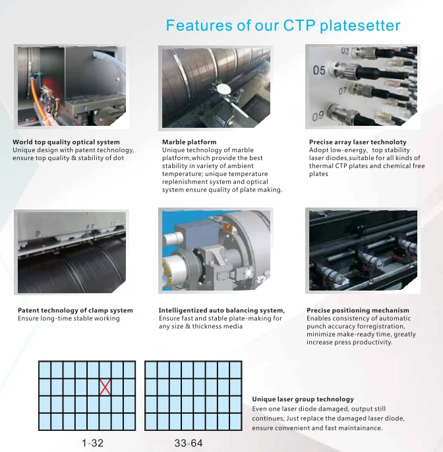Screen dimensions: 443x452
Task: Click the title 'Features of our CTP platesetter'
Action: click(x=283, y=26)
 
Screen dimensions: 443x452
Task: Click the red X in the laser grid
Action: click(x=105, y=387)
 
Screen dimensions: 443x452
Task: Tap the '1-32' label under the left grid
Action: click(x=92, y=443)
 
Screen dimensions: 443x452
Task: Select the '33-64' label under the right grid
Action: click(x=189, y=443)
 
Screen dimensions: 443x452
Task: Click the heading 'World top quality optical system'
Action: click(x=66, y=142)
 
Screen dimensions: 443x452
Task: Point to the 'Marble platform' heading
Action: click(x=189, y=142)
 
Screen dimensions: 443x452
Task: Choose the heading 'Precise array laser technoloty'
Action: click(x=358, y=142)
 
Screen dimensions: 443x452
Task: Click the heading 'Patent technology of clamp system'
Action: click(x=75, y=310)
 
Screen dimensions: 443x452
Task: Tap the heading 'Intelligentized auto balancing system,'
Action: click(x=221, y=310)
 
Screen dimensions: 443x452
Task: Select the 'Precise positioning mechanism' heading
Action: click(x=358, y=310)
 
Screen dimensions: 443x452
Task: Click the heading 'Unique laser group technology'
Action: click(x=303, y=399)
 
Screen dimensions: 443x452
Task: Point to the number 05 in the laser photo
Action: click(x=319, y=71)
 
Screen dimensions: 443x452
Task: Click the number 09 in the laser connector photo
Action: click(x=319, y=117)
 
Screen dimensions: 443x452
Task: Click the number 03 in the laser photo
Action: click(x=345, y=51)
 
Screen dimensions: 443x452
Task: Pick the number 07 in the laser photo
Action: click(x=342, y=90)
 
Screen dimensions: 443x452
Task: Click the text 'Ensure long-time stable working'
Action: click(x=69, y=319)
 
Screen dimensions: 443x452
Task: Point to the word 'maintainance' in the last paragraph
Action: click(x=359, y=428)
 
